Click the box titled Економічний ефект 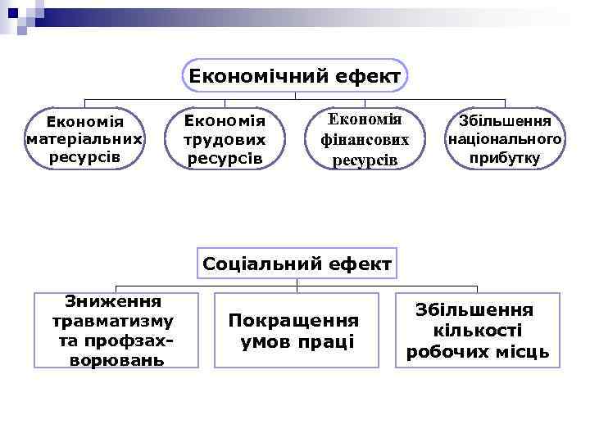[295, 76]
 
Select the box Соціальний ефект [297, 264]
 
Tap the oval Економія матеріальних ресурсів [84, 138]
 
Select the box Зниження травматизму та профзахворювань [116, 330]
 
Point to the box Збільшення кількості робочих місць [478, 330]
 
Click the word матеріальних [84, 139]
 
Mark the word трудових [226, 140]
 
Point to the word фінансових [365, 140]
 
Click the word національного [505, 139]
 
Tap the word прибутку [505, 158]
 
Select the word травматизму [112, 321]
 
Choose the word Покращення [293, 320]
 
